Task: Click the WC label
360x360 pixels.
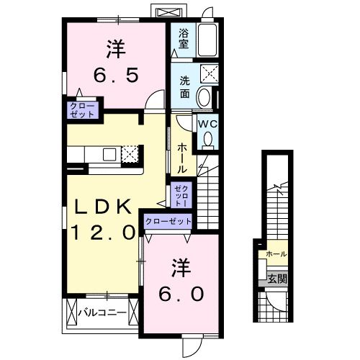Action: click(x=207, y=123)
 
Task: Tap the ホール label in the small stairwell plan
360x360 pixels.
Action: click(x=276, y=254)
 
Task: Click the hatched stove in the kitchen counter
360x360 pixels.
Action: click(x=130, y=153)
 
